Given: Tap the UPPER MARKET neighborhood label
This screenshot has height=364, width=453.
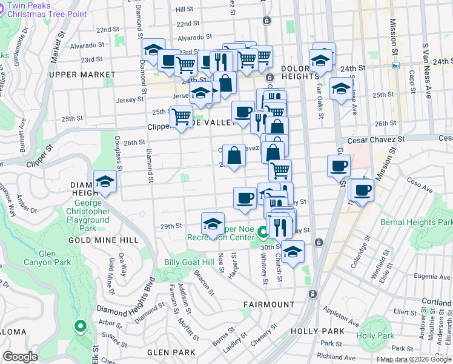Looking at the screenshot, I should point(82,75).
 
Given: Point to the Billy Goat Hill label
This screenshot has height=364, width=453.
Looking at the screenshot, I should point(189,262).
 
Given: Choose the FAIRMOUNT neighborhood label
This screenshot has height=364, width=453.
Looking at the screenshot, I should point(269,304).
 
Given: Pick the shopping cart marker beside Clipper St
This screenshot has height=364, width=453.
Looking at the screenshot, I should point(182,116).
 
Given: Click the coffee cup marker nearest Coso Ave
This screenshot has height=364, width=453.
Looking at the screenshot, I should point(363,190).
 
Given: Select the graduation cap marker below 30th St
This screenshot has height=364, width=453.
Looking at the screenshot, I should point(293,252).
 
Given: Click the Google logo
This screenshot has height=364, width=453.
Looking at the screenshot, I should point(21,357).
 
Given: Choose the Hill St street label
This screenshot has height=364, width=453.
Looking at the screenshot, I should point(184,10).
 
